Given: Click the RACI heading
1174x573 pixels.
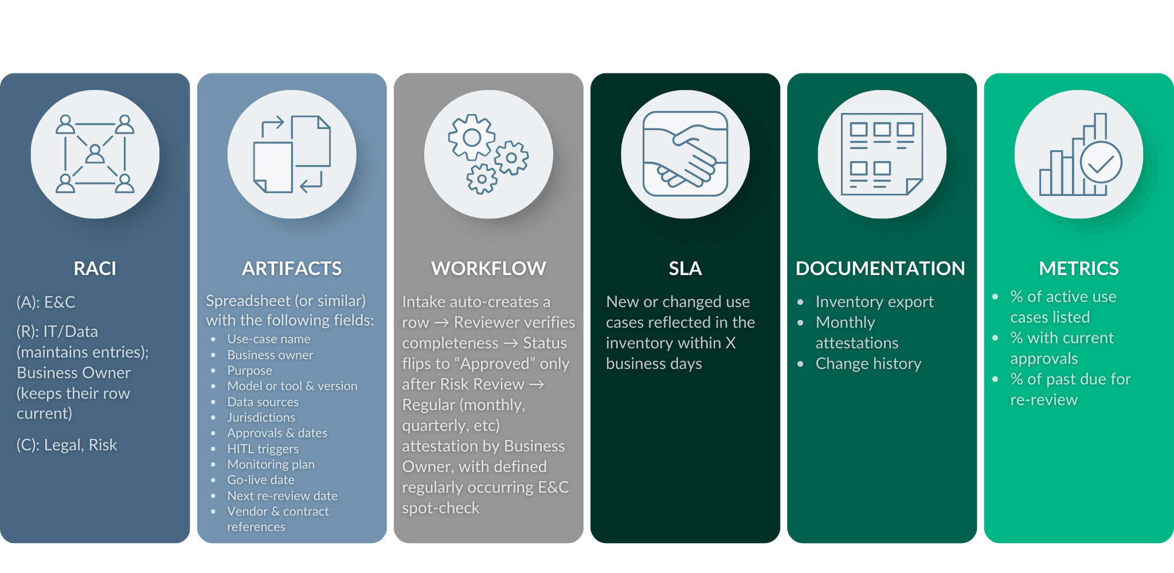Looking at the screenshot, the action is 95,269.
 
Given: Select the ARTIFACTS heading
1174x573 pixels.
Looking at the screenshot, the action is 292,269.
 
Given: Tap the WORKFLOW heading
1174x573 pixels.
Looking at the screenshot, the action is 488,269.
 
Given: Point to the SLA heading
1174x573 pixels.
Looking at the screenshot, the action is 685,269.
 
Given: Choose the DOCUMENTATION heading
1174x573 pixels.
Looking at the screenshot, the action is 880,269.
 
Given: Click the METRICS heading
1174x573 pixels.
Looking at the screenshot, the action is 1079,269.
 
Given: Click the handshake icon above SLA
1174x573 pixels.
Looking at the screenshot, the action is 685,154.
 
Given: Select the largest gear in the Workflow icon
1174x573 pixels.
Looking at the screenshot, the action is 472,138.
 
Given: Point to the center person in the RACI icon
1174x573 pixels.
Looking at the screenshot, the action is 95,154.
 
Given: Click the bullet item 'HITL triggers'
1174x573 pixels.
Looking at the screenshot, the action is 263,449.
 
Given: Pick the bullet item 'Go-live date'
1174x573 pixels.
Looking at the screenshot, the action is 261,480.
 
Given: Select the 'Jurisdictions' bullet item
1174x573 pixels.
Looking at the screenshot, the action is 261,418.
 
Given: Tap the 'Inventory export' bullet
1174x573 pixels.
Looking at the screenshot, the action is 875,302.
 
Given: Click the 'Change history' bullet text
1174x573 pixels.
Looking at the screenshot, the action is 869,364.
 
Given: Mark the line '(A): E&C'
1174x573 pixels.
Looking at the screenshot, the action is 46,303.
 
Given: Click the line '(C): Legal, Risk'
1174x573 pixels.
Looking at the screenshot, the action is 67,445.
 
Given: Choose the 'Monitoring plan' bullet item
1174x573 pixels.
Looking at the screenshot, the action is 271,464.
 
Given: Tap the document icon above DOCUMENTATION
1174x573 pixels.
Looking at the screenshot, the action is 882,154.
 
